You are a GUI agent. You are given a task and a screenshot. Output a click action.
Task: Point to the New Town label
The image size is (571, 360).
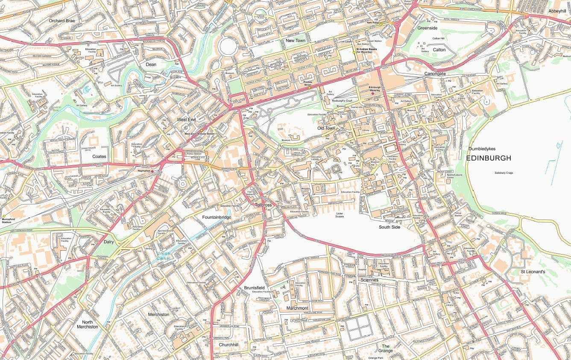pyautogui.click(x=296, y=41)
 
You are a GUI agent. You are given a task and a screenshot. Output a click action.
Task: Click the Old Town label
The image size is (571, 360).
pyautogui.click(x=326, y=128)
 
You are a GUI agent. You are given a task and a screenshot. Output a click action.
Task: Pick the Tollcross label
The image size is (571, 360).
pyautogui.click(x=263, y=205)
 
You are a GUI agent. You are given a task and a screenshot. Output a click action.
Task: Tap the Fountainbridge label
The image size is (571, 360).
pyautogui.click(x=217, y=217)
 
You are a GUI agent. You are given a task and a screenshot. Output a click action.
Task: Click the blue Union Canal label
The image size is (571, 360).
pyautogui.click(x=163, y=256)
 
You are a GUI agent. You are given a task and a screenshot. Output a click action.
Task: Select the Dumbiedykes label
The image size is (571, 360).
pyautogui.click(x=482, y=149)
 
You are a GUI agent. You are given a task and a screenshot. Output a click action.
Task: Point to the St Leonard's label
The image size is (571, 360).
pyautogui.click(x=533, y=272)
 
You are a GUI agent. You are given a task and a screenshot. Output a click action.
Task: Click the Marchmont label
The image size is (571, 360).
pyautogui.click(x=297, y=308)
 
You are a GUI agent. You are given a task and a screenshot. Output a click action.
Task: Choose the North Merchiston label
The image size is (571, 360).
pyautogui.click(x=87, y=324)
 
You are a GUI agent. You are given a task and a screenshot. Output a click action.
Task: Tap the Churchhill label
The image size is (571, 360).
pyautogui.click(x=228, y=345)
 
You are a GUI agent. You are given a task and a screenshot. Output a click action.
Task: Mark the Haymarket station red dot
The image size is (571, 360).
pyautogui.click(x=152, y=171)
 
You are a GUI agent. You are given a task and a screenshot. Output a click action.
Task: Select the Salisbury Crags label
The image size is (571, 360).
pyautogui.click(x=504, y=173)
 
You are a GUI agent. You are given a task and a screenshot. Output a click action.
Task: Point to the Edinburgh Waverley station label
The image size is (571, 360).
pyautogui.click(x=374, y=89)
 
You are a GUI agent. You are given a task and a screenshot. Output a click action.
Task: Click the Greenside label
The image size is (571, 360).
pyautogui.click(x=427, y=28)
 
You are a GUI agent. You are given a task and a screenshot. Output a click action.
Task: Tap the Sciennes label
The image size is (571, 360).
pyautogui.click(x=369, y=280)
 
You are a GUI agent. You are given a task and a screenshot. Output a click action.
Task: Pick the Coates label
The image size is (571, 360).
pyautogui.click(x=99, y=157)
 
